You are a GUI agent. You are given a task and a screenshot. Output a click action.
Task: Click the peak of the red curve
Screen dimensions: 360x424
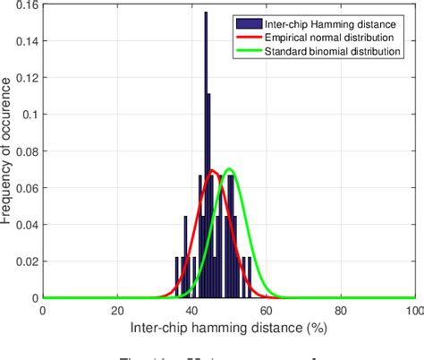coord(212,171)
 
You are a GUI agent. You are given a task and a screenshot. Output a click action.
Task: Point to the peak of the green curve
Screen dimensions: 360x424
coord(230,169)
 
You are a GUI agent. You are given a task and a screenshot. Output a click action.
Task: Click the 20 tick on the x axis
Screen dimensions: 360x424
coord(117,311)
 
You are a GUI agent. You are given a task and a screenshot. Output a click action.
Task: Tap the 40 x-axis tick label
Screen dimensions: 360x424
coord(191,311)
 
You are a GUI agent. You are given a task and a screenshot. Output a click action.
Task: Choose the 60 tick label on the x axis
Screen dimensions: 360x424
coord(266,311)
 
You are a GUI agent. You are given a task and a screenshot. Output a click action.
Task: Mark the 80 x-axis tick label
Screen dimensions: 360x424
coord(340,311)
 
